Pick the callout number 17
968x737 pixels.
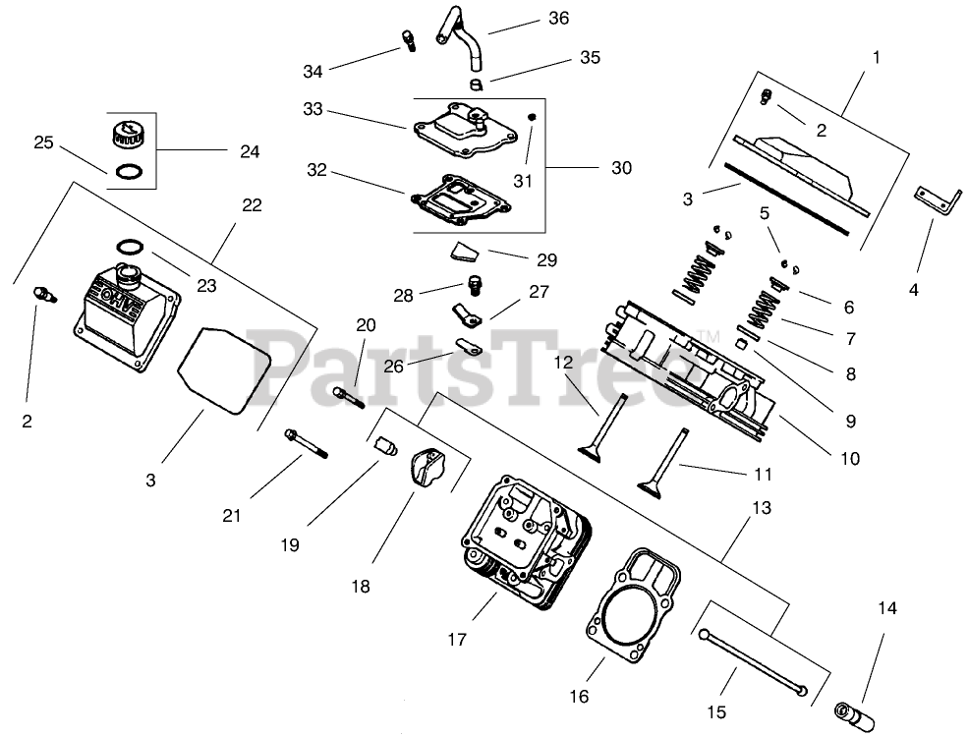(x=456, y=640)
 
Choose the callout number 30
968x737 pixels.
(x=621, y=168)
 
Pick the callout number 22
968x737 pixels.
(x=252, y=204)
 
